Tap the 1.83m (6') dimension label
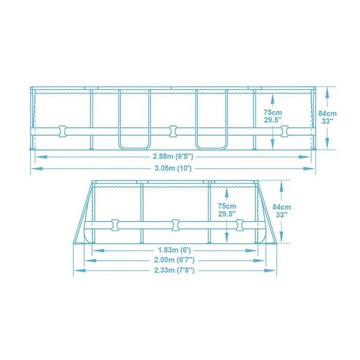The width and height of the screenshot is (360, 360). point(175,249)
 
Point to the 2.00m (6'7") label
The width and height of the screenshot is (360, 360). point(175,260)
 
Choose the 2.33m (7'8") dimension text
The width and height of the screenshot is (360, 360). point(175,271)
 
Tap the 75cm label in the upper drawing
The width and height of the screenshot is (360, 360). point(273,112)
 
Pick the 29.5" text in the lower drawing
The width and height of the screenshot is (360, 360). point(227,213)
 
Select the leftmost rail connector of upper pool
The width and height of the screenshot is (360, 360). point(63,131)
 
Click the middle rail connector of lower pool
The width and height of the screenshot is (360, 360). point(176,224)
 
